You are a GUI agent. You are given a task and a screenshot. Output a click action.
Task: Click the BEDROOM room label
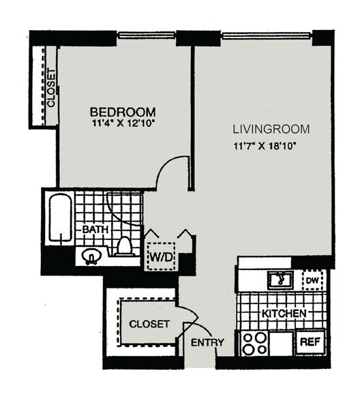pos(123,111)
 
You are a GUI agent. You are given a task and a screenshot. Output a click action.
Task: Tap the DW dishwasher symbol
pos(314,279)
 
